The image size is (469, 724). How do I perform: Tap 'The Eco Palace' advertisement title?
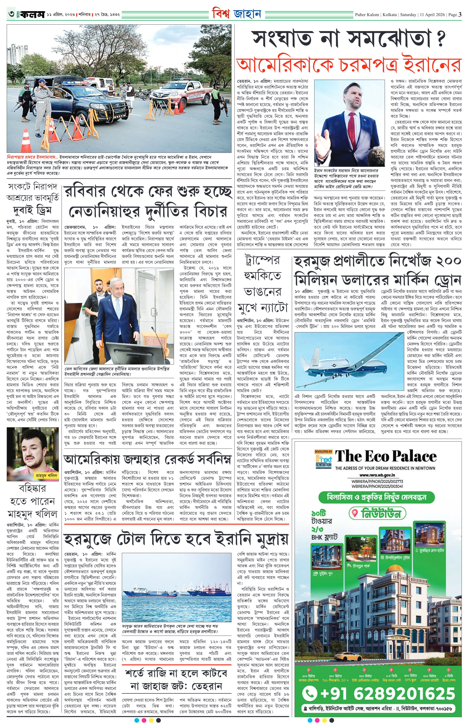[x=386, y=456]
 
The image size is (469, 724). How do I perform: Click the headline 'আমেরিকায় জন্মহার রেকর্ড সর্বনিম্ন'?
[x=147, y=460]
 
